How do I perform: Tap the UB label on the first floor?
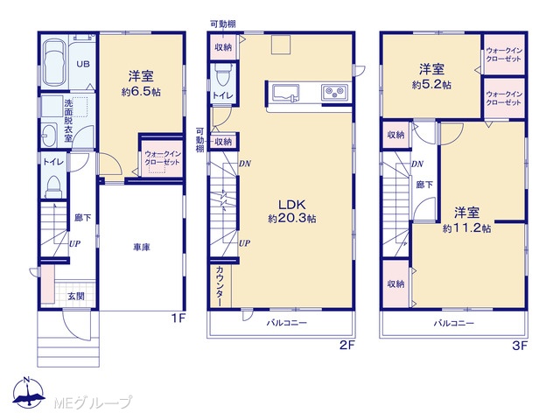point(83,64)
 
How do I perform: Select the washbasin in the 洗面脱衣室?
point(49,135)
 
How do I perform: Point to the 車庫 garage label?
point(142,247)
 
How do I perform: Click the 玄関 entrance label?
point(76,296)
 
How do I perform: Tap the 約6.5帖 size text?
point(141,92)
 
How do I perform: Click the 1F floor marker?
point(178,318)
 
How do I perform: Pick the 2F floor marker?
point(346,346)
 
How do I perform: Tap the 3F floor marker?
point(520,346)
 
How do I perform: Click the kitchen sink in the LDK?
point(286,93)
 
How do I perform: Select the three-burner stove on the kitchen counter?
point(334,93)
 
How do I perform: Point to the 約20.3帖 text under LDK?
point(292,218)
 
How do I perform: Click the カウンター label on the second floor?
point(219,286)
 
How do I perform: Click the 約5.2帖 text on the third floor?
point(431,85)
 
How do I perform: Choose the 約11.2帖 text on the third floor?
point(466,228)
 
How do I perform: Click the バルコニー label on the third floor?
point(454,324)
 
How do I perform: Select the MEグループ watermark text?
point(92,402)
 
